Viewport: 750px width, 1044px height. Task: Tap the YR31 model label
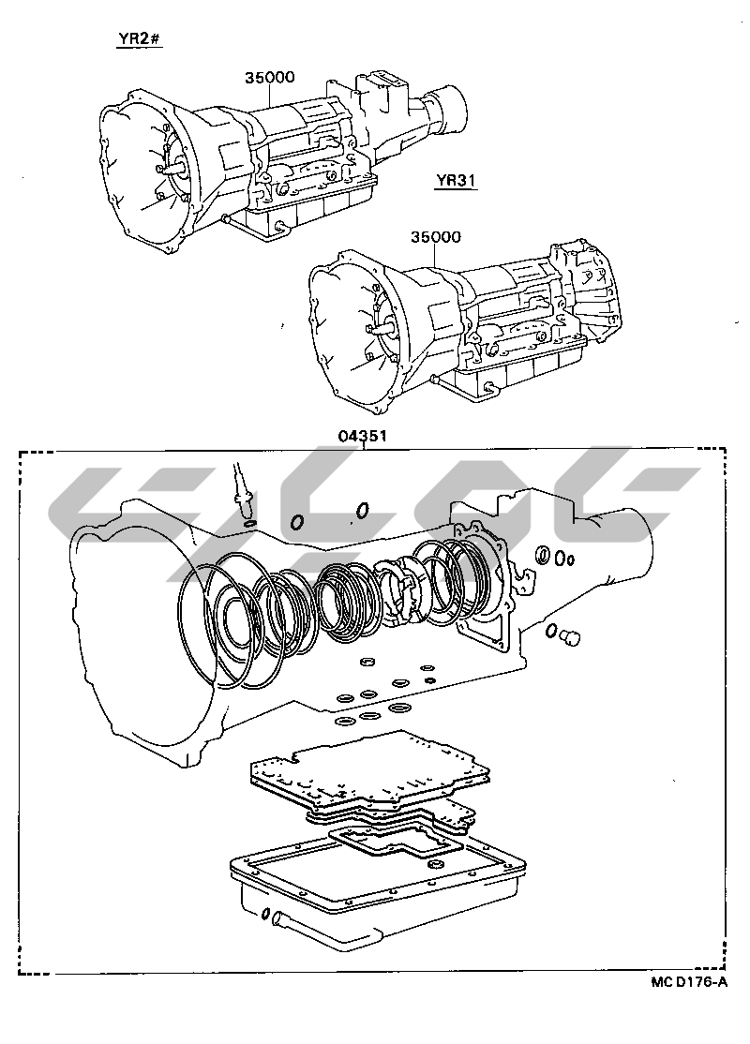[x=456, y=180]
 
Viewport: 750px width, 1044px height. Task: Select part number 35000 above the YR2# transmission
[x=270, y=77]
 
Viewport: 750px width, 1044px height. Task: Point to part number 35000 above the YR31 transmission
[x=436, y=236]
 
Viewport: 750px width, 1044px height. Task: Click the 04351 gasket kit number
[x=363, y=436]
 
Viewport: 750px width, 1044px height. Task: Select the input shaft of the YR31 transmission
[x=381, y=329]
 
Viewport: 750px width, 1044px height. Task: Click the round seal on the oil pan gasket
[x=437, y=866]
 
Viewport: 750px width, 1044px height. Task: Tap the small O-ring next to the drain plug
[x=551, y=630]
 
